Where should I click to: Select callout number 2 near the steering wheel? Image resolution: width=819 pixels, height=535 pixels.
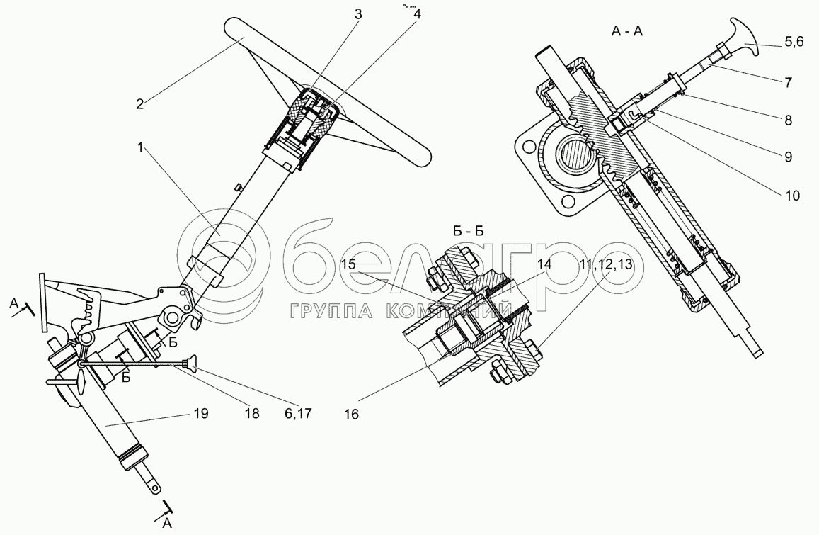[x=140, y=103]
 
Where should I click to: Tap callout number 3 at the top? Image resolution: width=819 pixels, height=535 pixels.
[x=358, y=13]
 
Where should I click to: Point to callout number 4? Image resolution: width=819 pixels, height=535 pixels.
[x=416, y=13]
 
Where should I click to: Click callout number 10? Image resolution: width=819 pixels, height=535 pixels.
[x=791, y=196]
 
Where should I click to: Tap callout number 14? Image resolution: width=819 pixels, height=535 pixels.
[x=544, y=265]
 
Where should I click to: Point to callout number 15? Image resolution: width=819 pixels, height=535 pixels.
[x=348, y=265]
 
